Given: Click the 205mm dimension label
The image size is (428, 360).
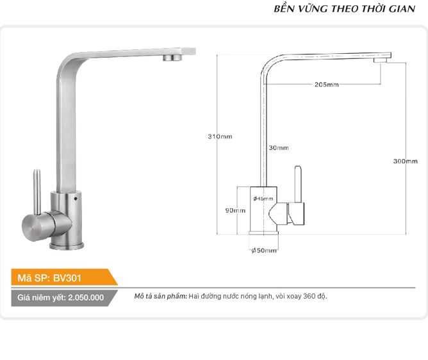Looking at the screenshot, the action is click(x=327, y=85).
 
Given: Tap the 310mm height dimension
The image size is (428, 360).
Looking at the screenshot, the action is click(x=220, y=136).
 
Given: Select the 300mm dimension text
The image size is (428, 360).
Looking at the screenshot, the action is click(x=406, y=161).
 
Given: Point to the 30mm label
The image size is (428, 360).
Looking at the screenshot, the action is click(x=279, y=148).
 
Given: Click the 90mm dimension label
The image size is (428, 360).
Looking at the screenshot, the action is click(x=235, y=211).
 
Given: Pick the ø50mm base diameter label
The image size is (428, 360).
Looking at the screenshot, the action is click(x=264, y=250).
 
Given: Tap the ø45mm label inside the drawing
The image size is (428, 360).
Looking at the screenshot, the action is click(x=263, y=199).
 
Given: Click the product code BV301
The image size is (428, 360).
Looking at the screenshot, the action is click(x=67, y=278).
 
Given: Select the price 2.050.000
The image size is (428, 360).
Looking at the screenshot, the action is click(x=86, y=297).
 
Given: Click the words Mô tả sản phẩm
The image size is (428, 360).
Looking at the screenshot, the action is click(x=160, y=296).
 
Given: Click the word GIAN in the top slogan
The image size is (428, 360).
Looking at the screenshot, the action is click(x=402, y=9).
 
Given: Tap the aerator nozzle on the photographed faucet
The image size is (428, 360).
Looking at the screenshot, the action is click(x=172, y=57).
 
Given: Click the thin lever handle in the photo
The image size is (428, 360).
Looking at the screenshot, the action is click(x=37, y=192).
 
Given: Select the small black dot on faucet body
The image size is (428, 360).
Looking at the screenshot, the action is click(x=76, y=199).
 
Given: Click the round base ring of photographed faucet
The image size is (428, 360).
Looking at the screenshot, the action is click(x=67, y=246).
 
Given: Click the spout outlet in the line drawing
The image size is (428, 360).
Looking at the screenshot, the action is click(x=381, y=60).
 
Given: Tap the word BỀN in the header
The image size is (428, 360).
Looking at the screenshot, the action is click(x=284, y=8).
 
